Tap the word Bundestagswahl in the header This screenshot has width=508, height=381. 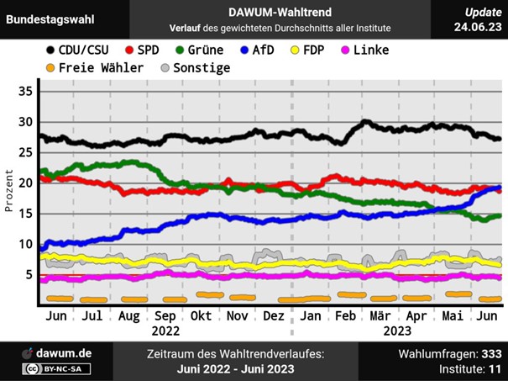click(x=50, y=19)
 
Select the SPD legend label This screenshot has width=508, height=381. click(x=149, y=50)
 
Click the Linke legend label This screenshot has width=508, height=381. click(x=370, y=50)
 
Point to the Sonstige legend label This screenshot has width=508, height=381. click(x=202, y=67)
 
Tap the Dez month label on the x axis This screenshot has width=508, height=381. click(x=273, y=316)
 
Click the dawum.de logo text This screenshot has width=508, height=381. click(x=64, y=354)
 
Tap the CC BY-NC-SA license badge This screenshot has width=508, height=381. click(x=57, y=369)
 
